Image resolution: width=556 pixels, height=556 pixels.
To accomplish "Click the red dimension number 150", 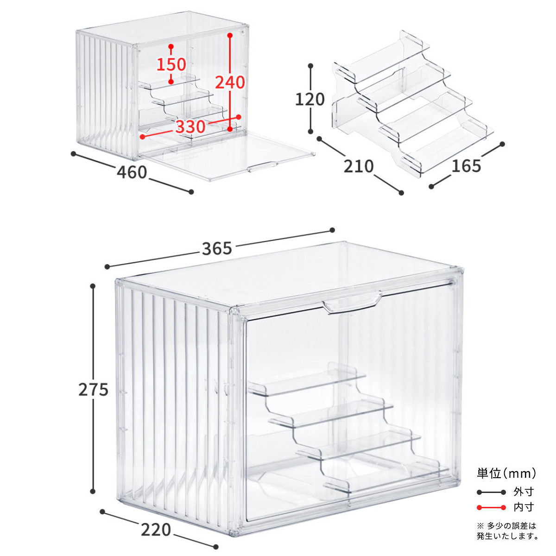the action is pyautogui.click(x=171, y=64).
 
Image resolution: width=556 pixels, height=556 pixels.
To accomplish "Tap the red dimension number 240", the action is pyautogui.click(x=230, y=82).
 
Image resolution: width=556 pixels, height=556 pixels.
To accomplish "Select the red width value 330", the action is pyautogui.click(x=190, y=126).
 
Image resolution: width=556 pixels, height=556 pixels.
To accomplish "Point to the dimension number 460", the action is pyautogui.click(x=132, y=172).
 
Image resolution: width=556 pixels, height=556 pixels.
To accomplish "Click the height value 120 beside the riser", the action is pyautogui.click(x=310, y=100).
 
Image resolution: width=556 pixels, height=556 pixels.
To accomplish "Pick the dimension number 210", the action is pyautogui.click(x=359, y=166).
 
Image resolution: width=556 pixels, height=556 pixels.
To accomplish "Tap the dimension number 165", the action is pyautogui.click(x=466, y=166).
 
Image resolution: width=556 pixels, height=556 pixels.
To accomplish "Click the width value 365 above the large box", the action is pyautogui.click(x=217, y=249).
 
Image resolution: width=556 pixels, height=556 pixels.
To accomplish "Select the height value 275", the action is pyautogui.click(x=93, y=390).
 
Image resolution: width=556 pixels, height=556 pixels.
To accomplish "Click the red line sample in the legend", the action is pyautogui.click(x=492, y=507).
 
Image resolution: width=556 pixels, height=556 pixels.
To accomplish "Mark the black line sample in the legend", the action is pyautogui.click(x=492, y=492).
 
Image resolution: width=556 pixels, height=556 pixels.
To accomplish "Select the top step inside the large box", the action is pyautogui.click(x=307, y=382).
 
